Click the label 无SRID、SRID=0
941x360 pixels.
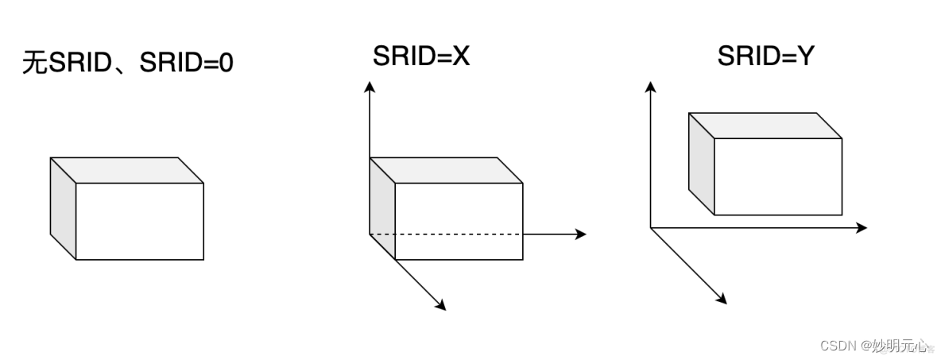pos(128,64)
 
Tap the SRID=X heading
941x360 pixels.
pos(421,56)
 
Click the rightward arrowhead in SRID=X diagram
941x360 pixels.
pos(580,234)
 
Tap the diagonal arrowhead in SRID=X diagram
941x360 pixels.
pos(441,305)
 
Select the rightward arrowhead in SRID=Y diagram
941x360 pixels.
pos(861,228)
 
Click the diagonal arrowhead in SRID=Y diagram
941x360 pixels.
pos(722,299)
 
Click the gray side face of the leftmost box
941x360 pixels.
pos(63,208)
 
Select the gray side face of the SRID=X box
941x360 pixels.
pos(382,208)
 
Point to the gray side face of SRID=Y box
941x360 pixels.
pos(701,164)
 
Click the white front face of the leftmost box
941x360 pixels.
pos(139,221)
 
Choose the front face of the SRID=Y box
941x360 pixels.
pos(777,176)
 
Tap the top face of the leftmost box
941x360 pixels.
pos(127,170)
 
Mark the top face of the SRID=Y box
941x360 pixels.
pos(765,126)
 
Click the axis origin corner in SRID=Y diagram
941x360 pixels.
pos(651,228)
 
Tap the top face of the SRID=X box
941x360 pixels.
pos(446,170)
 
